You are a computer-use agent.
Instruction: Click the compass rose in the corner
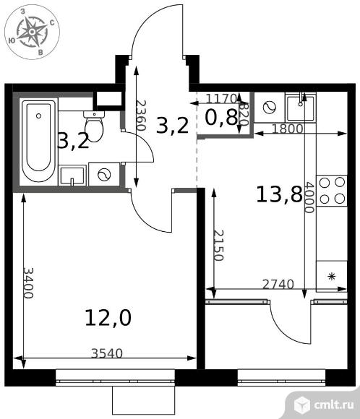tap(32, 32)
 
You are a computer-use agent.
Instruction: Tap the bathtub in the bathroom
tap(39, 141)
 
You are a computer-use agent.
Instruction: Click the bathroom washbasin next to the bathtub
tap(72, 176)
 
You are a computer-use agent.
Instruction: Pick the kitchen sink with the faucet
tap(301, 107)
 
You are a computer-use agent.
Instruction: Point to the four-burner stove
tap(332, 191)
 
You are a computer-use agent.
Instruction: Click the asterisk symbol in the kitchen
tap(332, 277)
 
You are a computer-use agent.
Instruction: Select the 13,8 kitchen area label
tap(279, 194)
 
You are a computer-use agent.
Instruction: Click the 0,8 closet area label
tap(221, 118)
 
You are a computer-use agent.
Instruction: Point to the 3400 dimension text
tap(28, 282)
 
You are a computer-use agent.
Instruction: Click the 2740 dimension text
tap(278, 285)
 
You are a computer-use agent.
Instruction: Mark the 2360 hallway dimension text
tap(141, 115)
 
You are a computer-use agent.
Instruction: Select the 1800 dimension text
tap(288, 129)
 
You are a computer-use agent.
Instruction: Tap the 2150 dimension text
tap(218, 246)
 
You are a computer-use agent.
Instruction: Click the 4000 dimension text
tap(309, 197)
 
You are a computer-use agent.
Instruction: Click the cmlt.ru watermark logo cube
tap(302, 404)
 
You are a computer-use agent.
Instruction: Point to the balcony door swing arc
tap(284, 329)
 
